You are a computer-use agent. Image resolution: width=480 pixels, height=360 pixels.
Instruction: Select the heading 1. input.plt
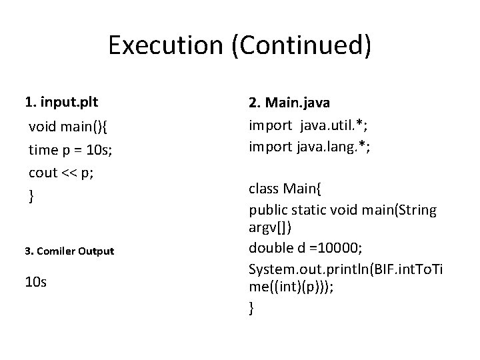(61, 103)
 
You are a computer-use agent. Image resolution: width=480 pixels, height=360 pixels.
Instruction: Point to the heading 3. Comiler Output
(69, 251)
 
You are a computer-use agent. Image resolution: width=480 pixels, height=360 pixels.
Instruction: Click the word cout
(43, 172)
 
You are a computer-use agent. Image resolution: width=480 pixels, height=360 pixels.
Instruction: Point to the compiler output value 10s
(36, 283)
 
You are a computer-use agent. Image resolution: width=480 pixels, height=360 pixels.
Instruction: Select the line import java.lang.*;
(309, 147)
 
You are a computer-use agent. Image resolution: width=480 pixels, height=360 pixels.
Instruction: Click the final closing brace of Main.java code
(251, 308)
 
